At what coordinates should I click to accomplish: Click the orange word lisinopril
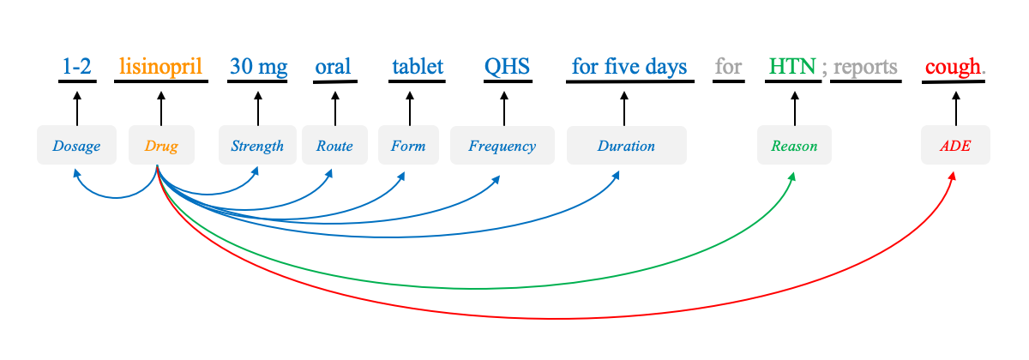[x=161, y=67]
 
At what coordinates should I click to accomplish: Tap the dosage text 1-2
[x=76, y=67]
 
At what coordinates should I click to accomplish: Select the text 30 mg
[x=259, y=67]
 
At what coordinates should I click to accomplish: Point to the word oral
[x=333, y=67]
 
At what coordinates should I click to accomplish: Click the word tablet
[x=418, y=67]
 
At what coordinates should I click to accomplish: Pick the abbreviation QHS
[x=507, y=67]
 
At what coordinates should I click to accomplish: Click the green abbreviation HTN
[x=793, y=67]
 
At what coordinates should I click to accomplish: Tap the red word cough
[x=954, y=67]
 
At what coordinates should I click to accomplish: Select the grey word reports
[x=865, y=68]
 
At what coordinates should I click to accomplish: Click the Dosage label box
[x=76, y=145]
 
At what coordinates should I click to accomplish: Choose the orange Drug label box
[x=161, y=145]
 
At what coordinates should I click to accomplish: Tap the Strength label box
[x=257, y=145]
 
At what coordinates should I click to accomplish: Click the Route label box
[x=334, y=145]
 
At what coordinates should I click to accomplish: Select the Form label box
[x=408, y=145]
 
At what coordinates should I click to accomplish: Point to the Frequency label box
[x=502, y=145]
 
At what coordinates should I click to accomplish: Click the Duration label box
[x=627, y=145]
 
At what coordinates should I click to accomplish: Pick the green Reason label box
[x=794, y=145]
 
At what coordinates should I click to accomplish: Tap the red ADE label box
[x=955, y=145]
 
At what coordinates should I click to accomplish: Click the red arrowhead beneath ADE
[x=953, y=177]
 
